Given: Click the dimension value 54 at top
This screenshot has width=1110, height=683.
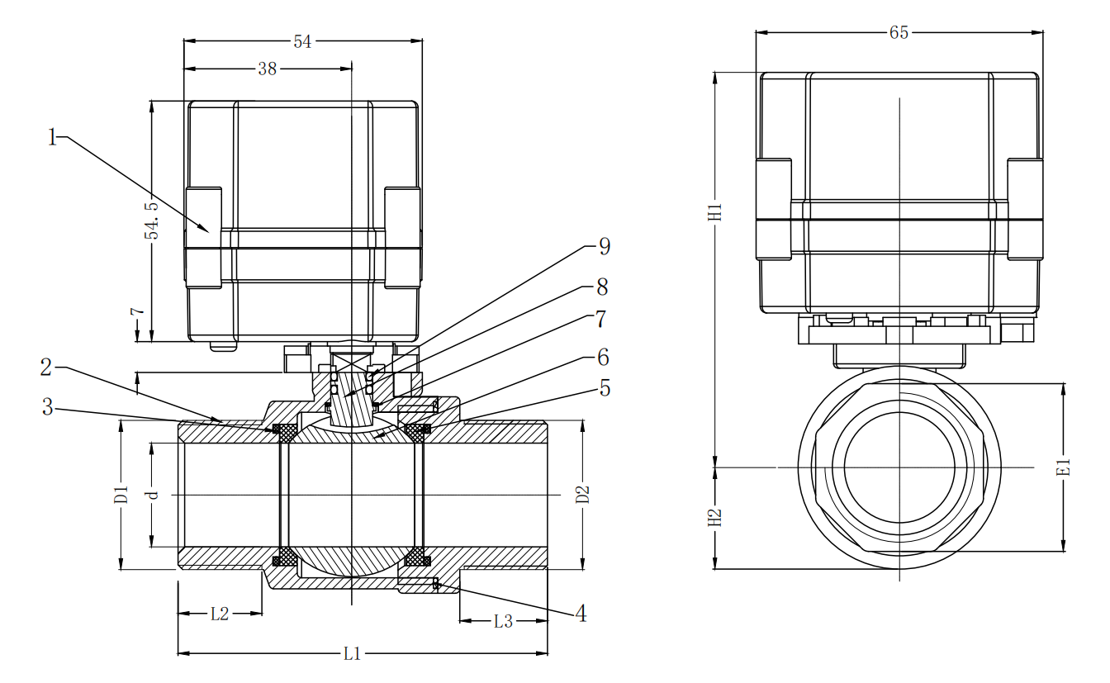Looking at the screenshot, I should click(x=302, y=41).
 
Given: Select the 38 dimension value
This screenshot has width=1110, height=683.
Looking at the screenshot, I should click(x=267, y=69).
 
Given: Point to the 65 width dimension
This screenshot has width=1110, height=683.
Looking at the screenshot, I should click(x=899, y=33).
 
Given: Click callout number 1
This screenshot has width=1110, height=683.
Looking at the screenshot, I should click(x=53, y=137).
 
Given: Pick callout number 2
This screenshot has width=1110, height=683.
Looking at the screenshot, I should click(x=47, y=366).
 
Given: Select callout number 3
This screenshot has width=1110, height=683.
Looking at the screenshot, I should click(x=47, y=407).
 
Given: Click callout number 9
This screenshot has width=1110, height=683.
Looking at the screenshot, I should click(x=604, y=246).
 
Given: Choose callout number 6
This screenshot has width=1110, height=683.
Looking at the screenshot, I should click(x=603, y=357).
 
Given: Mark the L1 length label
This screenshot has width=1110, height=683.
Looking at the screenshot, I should click(x=353, y=654).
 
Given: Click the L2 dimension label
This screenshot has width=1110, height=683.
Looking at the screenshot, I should click(x=219, y=614).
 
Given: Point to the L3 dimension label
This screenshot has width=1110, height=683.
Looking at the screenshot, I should click(x=503, y=622).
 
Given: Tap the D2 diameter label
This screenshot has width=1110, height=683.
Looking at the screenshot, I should click(x=583, y=495).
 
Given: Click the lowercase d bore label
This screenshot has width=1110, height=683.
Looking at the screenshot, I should click(x=152, y=495).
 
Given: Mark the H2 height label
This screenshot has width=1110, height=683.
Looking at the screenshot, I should click(x=715, y=518).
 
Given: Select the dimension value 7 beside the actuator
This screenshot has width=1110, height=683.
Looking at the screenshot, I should click(x=138, y=315).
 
